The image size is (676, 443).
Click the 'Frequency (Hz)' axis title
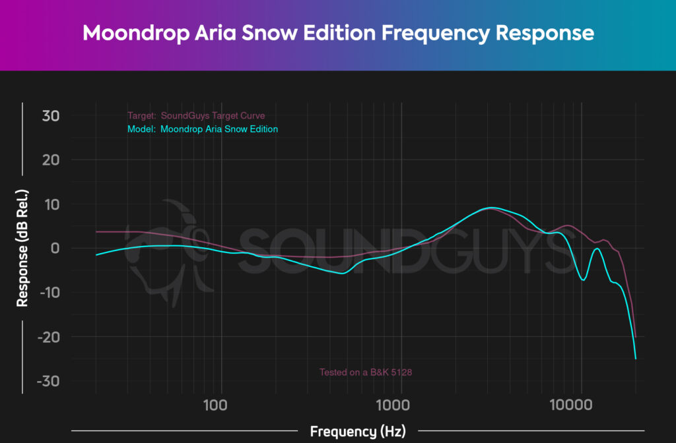click(357, 432)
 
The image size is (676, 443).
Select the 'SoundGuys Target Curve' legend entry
click(196, 116)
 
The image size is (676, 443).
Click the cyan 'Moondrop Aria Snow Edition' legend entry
click(202, 129)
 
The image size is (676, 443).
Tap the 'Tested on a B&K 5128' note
click(366, 372)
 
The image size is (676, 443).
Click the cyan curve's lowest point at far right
click(636, 359)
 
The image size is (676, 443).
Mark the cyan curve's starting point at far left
click(96, 254)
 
